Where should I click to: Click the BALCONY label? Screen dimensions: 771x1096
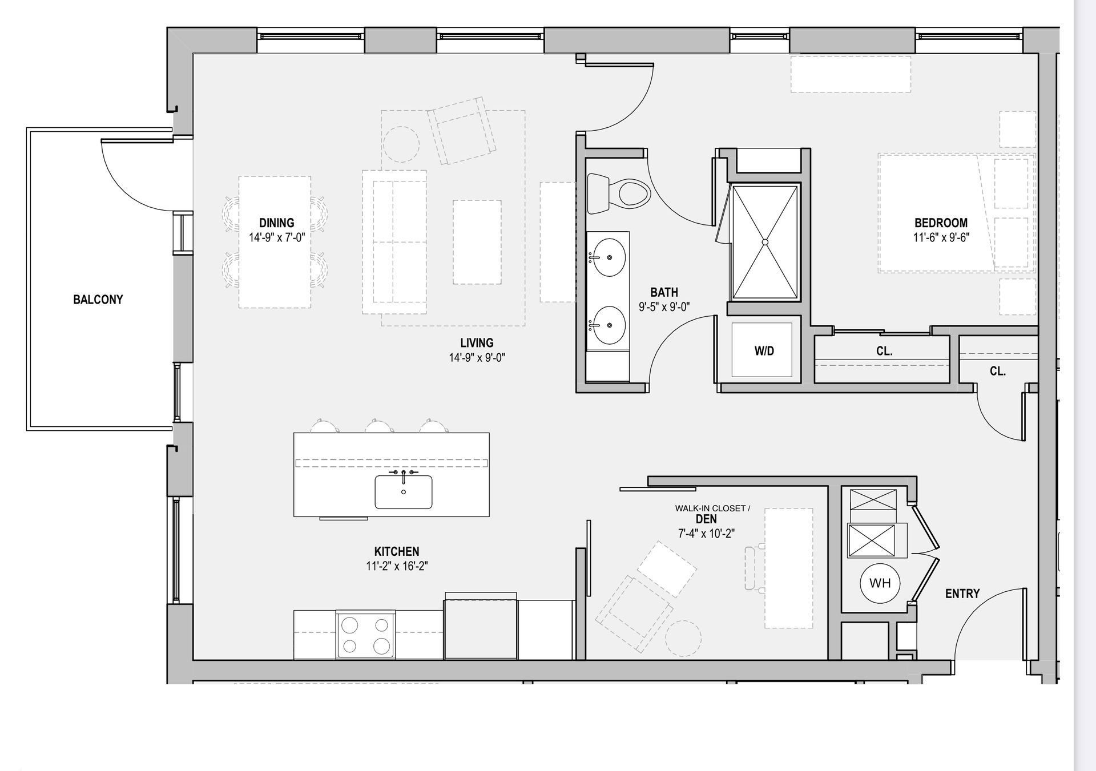point(98,300)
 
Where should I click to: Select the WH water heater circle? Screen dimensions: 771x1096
point(880,583)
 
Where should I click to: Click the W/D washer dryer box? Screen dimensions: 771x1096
point(763,350)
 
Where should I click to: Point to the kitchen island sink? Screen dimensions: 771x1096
point(403,491)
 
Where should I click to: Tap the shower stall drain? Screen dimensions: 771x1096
point(765,242)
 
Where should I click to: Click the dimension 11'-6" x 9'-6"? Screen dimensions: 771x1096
point(941,237)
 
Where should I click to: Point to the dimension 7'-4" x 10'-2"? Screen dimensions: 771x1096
point(706,534)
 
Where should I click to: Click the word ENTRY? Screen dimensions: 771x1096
point(962,594)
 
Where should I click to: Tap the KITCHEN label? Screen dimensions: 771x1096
point(397,552)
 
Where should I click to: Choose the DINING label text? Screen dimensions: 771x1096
point(277,223)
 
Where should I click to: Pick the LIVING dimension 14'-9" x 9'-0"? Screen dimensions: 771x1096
point(477,358)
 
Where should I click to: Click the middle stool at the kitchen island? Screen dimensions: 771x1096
point(378,426)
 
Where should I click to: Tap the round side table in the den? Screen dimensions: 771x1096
point(683,638)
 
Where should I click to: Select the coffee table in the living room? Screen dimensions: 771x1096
point(477,242)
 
